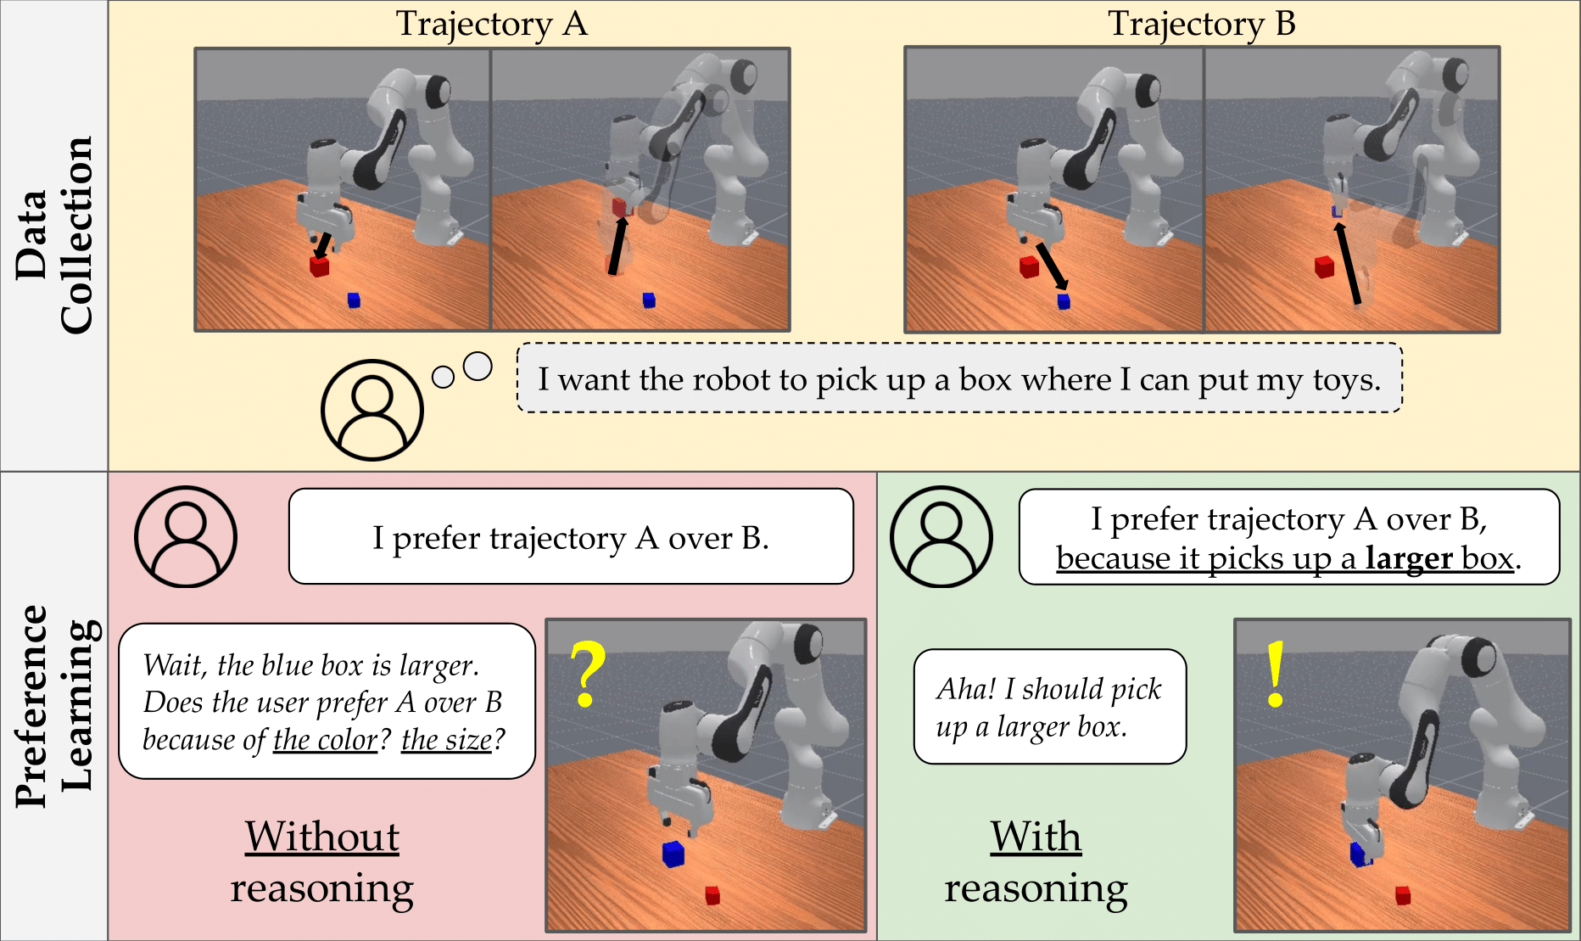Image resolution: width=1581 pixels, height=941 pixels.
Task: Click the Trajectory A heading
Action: tap(491, 24)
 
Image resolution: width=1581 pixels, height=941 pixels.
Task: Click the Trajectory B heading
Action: tap(1201, 24)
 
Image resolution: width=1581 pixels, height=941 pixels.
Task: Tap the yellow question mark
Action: tap(587, 674)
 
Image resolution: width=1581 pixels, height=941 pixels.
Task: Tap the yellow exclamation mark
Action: tap(1275, 674)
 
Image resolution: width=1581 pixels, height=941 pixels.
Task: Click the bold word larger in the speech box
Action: tap(1409, 558)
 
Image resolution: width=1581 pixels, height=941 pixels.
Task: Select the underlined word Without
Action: tap(322, 837)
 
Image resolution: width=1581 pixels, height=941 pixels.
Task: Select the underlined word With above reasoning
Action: tap(1036, 837)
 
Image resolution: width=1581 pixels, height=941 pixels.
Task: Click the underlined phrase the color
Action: tap(325, 740)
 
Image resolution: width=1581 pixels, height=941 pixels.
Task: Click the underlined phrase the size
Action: tap(446, 740)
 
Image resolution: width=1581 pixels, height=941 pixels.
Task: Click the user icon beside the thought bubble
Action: tap(372, 410)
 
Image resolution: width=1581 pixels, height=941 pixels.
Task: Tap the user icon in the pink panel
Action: tap(186, 536)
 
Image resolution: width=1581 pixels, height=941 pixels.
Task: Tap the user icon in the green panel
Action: tap(941, 536)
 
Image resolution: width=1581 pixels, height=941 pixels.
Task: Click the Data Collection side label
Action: tap(53, 235)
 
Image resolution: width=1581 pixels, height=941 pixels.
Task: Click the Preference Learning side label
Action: tap(53, 706)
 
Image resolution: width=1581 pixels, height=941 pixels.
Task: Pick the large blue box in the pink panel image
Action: tap(673, 853)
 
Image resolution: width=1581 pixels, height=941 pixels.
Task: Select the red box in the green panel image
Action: tap(1403, 895)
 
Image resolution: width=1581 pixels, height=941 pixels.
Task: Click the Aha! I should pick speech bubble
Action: tap(1049, 707)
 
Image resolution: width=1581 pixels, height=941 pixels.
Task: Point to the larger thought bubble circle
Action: tap(478, 367)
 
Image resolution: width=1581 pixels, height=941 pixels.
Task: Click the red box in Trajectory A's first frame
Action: tap(319, 266)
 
